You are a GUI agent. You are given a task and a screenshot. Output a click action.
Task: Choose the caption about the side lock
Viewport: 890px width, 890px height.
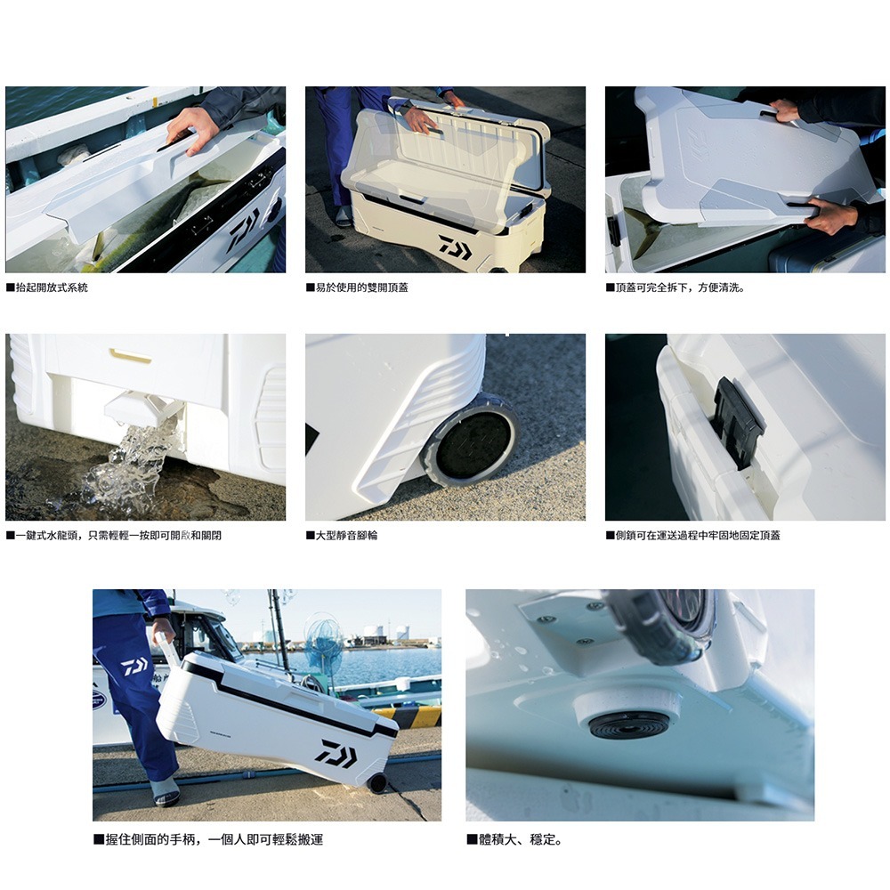[695, 535]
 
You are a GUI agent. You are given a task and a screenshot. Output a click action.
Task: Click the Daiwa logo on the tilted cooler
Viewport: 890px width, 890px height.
[336, 753]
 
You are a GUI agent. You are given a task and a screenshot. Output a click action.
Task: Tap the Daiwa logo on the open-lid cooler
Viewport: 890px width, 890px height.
[455, 247]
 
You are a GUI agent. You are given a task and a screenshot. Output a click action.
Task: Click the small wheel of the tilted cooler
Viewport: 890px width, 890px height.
[378, 783]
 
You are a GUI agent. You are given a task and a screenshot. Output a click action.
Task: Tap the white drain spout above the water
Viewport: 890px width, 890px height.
[142, 407]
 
